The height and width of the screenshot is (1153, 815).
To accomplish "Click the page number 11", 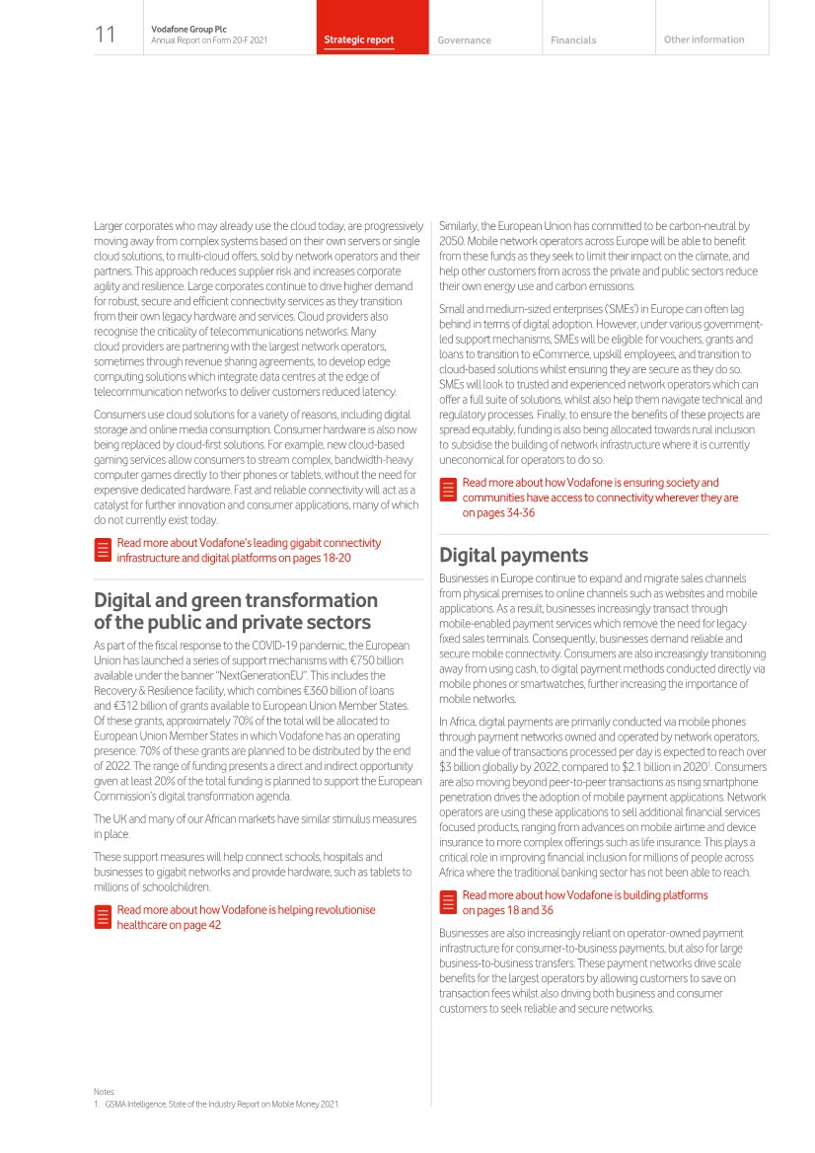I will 105,36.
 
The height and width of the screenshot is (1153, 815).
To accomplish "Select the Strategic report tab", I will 359,40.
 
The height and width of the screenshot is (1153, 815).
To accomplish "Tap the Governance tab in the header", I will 464,40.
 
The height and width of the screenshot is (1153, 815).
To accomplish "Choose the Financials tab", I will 573,40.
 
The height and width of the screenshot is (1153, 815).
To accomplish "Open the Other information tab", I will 704,39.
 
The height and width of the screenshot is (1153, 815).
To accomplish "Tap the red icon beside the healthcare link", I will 101,916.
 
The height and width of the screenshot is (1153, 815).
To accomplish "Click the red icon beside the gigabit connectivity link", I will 101,550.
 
